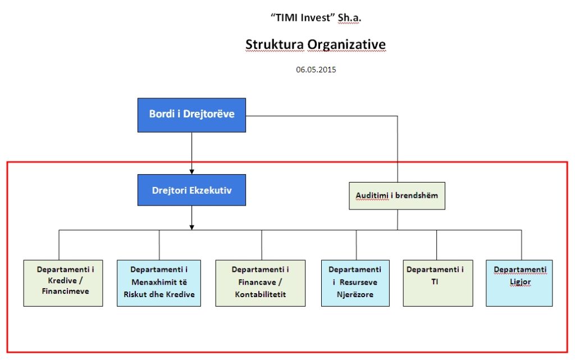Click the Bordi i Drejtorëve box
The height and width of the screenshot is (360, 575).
(x=191, y=115)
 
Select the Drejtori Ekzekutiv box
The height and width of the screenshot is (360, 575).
(x=191, y=190)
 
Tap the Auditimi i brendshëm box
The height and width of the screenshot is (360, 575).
(x=397, y=196)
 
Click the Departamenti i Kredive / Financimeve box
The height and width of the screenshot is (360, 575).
(x=63, y=283)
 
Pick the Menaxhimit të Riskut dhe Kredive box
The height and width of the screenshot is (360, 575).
(x=159, y=283)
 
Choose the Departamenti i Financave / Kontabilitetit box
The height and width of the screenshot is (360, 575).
(x=261, y=283)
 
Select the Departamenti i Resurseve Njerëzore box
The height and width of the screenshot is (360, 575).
(x=355, y=283)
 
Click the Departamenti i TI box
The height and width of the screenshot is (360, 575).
(x=438, y=283)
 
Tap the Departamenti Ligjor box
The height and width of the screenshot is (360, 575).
(x=519, y=283)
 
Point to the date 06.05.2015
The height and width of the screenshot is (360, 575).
(x=316, y=70)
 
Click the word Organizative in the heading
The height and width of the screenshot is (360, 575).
(x=346, y=44)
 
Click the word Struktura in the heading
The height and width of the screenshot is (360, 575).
(x=275, y=44)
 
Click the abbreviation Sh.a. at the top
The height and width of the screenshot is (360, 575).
(x=349, y=17)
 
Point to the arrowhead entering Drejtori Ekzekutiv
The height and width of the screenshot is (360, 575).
(x=191, y=171)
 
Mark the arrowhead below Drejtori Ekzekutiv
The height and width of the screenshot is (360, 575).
(x=191, y=227)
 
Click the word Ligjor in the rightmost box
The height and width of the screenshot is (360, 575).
(x=521, y=282)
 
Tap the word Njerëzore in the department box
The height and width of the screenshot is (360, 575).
(x=355, y=294)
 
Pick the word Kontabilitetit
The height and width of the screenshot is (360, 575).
(x=261, y=294)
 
